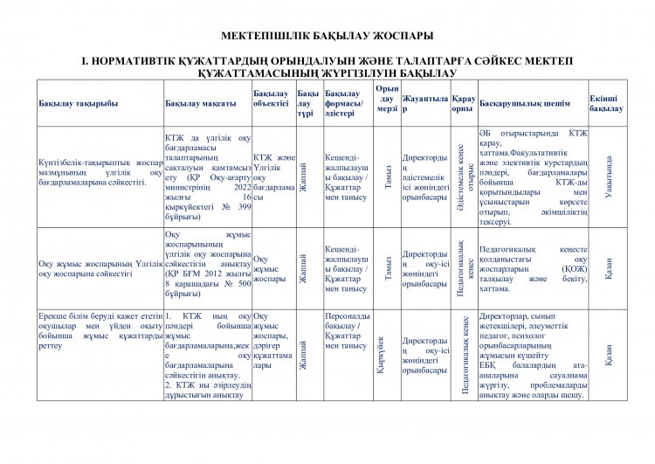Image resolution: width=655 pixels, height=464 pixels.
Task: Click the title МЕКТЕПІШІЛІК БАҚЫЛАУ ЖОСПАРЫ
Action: [x=327, y=38]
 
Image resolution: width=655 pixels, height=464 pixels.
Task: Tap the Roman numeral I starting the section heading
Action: [x=84, y=62]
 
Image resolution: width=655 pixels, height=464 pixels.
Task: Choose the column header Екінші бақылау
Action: [x=606, y=103]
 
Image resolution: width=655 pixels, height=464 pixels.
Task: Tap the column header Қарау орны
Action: [x=464, y=103]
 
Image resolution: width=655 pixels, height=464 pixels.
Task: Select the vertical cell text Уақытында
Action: [x=608, y=177]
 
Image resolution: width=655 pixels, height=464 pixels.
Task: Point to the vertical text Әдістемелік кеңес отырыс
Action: [x=465, y=177]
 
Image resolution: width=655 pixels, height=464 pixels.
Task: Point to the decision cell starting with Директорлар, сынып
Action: [x=533, y=355]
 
